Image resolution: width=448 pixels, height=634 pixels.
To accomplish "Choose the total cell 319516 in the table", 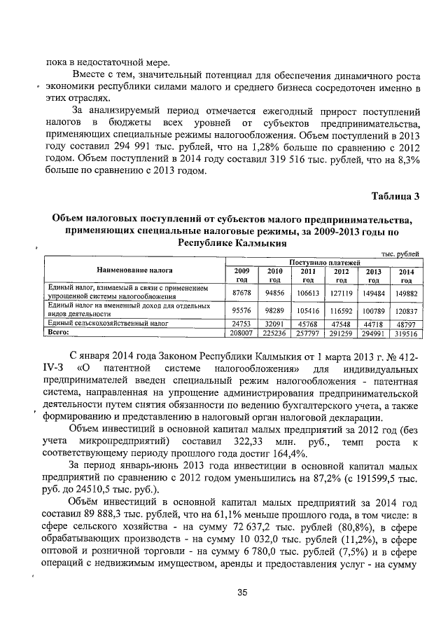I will tap(407, 335).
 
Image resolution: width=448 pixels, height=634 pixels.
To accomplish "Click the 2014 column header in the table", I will tap(407, 275).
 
